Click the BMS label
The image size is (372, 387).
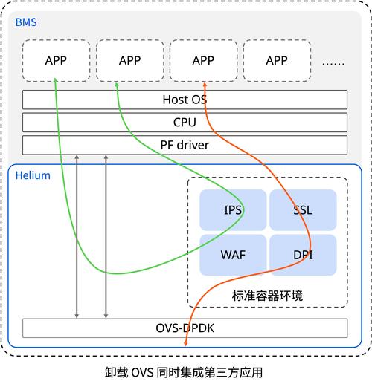point(25,23)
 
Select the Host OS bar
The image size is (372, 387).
point(185,100)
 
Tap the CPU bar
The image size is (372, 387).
point(185,122)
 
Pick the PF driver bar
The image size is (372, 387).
point(185,145)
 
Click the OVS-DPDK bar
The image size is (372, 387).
point(185,328)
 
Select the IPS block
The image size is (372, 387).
point(232,210)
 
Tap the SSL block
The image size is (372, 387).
point(303,210)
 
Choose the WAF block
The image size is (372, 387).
point(232,254)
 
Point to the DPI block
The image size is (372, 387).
point(303,254)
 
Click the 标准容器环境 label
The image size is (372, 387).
point(267,295)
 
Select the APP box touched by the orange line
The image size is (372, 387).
point(203,60)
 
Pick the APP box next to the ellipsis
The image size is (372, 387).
point(277,60)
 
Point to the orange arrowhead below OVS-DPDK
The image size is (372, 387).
point(185,344)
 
